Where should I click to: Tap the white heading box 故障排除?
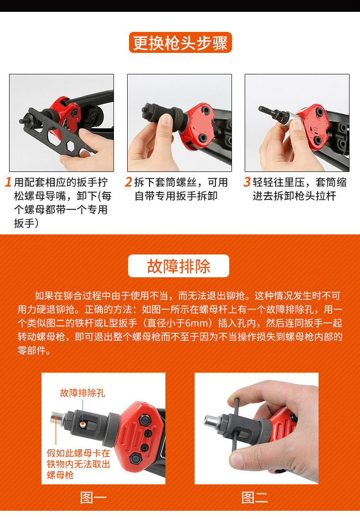point(178,266)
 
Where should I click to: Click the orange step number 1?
point(8,182)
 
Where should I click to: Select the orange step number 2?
point(129,182)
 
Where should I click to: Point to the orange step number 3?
point(247,182)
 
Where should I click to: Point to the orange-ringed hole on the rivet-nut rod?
point(82,424)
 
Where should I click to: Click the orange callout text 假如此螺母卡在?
point(78,453)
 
